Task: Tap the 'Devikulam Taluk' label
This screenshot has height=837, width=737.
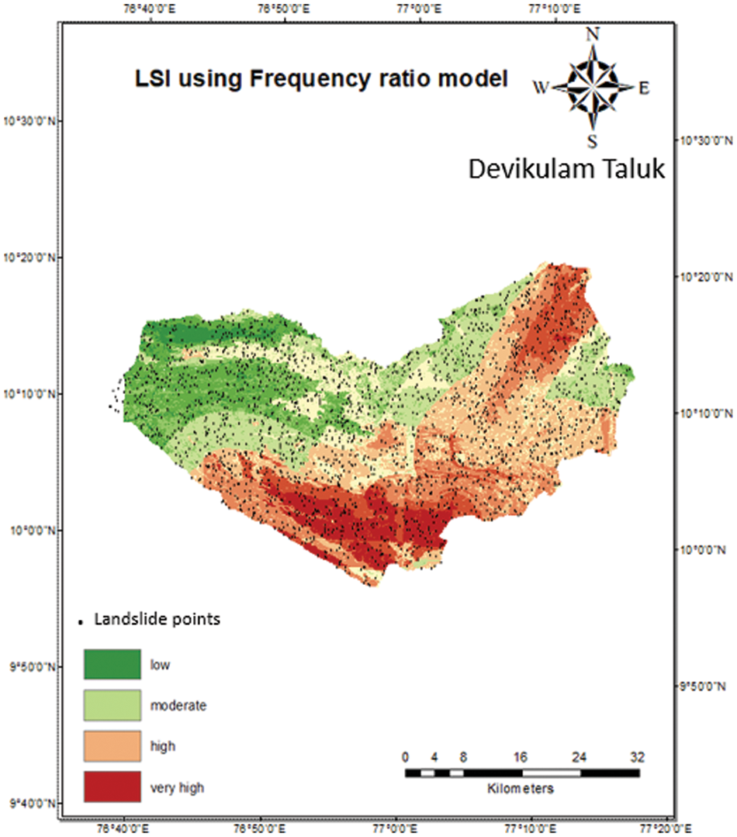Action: (x=566, y=169)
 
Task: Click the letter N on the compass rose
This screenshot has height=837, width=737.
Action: (x=593, y=33)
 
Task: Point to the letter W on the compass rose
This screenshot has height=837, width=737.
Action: (x=541, y=88)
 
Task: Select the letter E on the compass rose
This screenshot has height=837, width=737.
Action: (x=643, y=88)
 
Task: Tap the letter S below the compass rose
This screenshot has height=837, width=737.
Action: (x=593, y=140)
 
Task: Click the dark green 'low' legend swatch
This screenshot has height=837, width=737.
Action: (x=112, y=665)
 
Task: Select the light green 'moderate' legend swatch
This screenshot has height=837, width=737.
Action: (x=112, y=705)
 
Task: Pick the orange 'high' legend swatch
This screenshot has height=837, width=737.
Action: (x=112, y=746)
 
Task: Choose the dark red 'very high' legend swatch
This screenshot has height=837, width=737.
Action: (x=112, y=787)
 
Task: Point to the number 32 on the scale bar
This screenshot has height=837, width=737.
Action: (x=637, y=757)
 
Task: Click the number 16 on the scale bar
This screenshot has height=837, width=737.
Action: (x=521, y=757)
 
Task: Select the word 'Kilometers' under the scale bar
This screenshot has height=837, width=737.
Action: (x=521, y=789)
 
